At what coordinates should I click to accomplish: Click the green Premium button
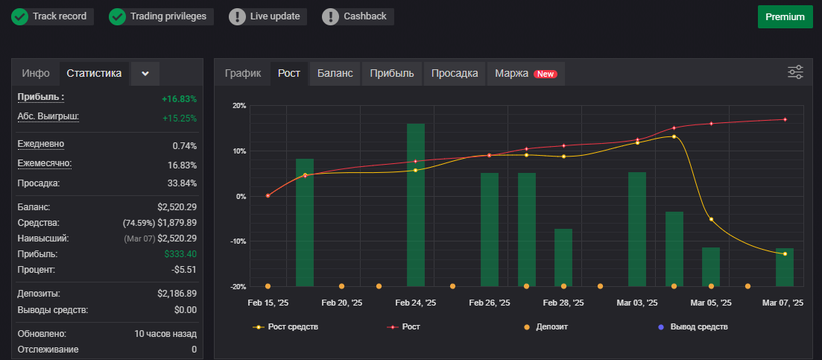pyautogui.click(x=784, y=16)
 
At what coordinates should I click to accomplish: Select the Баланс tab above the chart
pyautogui.click(x=335, y=73)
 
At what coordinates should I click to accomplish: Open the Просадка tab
pyautogui.click(x=455, y=73)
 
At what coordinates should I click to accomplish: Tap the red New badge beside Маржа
pyautogui.click(x=546, y=74)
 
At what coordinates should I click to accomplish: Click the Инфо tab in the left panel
pyautogui.click(x=36, y=73)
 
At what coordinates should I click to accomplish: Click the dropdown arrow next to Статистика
pyautogui.click(x=145, y=74)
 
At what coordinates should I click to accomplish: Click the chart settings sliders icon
pyautogui.click(x=795, y=72)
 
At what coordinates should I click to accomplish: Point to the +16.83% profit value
pyautogui.click(x=180, y=99)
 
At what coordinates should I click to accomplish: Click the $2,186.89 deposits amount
pyautogui.click(x=177, y=294)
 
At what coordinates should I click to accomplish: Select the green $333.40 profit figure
pyautogui.click(x=180, y=254)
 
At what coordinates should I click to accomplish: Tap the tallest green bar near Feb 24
pyautogui.click(x=416, y=205)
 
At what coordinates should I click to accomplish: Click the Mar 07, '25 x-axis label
pyautogui.click(x=783, y=303)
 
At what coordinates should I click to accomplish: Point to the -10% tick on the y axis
pyautogui.click(x=237, y=241)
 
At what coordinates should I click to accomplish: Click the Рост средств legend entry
pyautogui.click(x=285, y=327)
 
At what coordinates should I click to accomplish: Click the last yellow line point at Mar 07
pyautogui.click(x=785, y=253)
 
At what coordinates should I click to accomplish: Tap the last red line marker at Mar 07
pyautogui.click(x=785, y=119)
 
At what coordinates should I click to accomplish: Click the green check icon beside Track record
pyautogui.click(x=20, y=16)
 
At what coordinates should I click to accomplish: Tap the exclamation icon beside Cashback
pyautogui.click(x=330, y=16)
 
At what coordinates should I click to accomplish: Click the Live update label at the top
pyautogui.click(x=275, y=16)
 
